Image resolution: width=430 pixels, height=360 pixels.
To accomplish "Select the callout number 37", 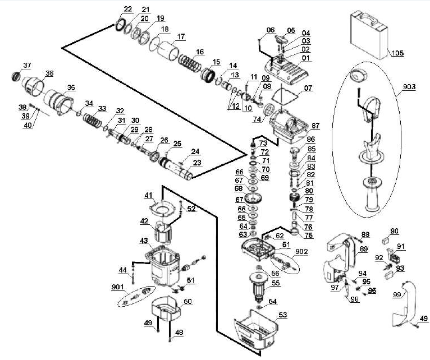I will pos(27,65).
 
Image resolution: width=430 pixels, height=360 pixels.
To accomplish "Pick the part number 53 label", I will pos(282,315).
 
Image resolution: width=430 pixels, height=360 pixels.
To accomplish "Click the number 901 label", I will pos(118,287).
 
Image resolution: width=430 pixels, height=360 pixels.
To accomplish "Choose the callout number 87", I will pos(315,125).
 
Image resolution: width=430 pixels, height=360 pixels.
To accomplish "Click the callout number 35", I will pos(71,87).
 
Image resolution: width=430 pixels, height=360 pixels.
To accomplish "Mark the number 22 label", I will pos(128,10).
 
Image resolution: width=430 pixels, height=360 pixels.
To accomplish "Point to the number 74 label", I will pos(257,119).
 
